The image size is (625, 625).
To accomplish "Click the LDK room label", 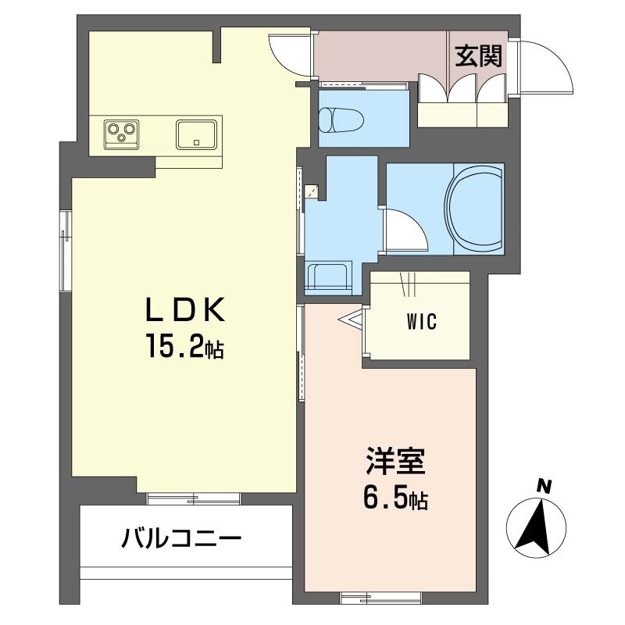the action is pos(185,309).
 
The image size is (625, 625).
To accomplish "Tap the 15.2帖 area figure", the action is pos(185,346).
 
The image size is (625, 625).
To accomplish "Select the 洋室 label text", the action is pos(395,462).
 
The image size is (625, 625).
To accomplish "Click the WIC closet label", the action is pos(422,321).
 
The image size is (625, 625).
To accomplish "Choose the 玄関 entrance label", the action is pos(478,55).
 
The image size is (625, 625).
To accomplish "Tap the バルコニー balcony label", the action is pos(181,538).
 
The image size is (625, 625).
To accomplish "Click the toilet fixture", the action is pos(341,120).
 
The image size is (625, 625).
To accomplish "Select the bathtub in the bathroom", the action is pos(474,208).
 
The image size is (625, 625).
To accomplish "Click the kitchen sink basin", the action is pos(196,134).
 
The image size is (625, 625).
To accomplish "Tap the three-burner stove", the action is pos(122,134).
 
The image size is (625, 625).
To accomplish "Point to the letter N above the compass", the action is pos(544,486).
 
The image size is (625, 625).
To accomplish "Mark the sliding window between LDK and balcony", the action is pos(193,498).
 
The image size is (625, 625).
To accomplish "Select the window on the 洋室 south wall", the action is pos(380,598).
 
